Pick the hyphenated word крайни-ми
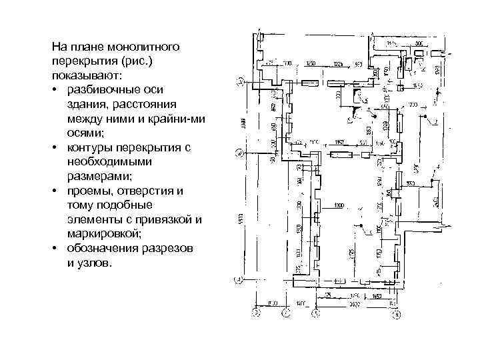171,118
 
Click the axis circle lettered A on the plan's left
239,153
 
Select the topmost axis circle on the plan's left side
239,83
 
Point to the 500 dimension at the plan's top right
418,43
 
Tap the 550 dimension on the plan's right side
411,183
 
